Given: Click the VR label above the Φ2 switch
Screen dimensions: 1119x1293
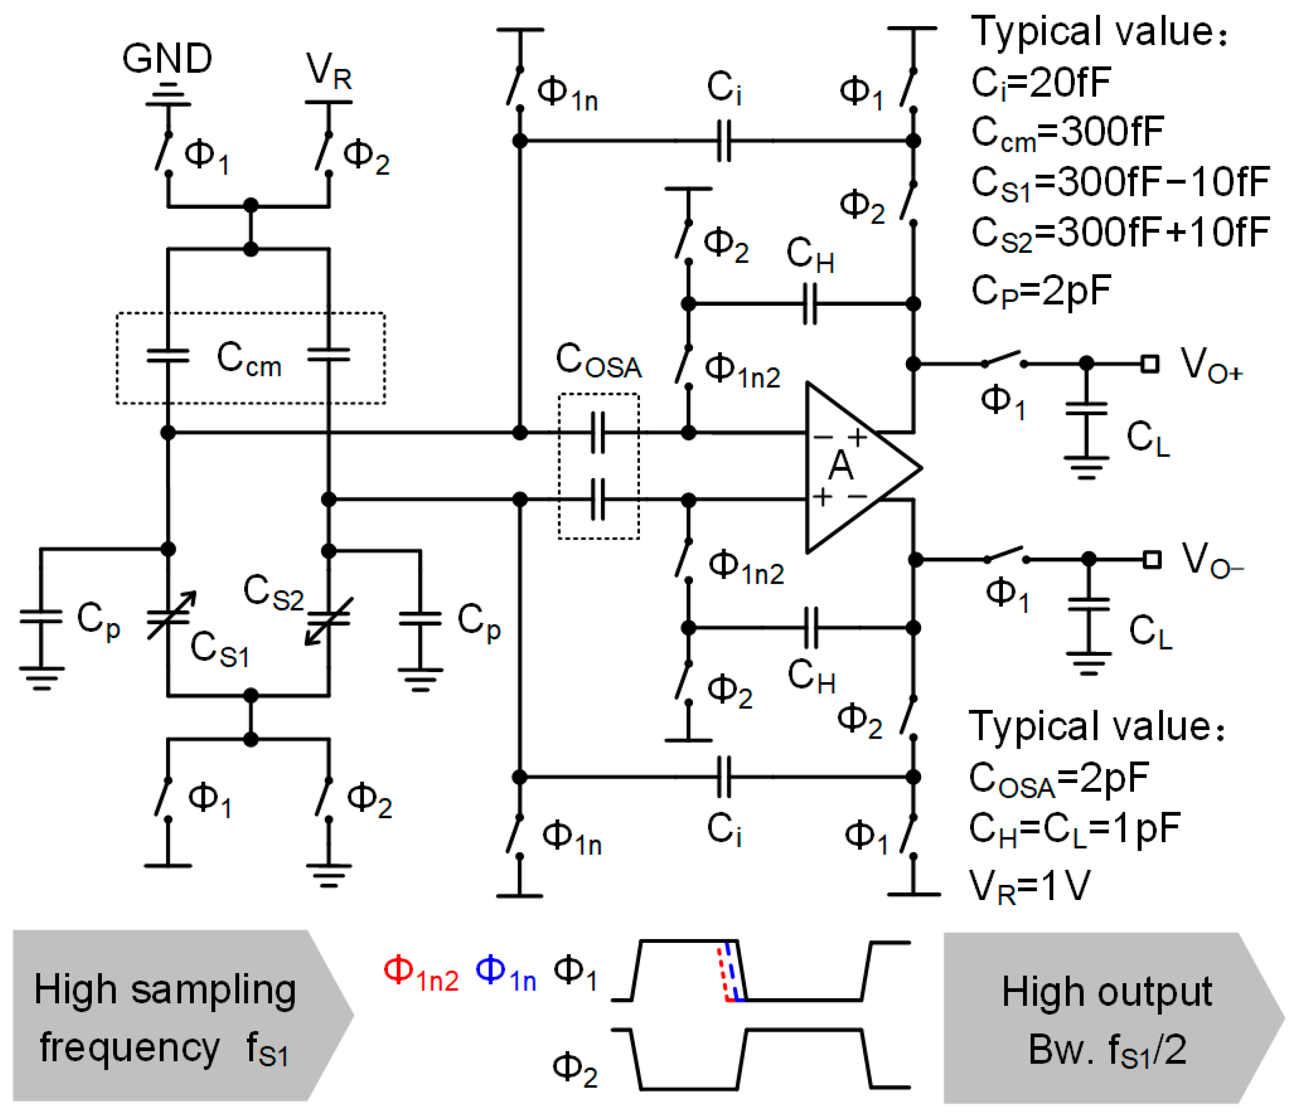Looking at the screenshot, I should point(329,71).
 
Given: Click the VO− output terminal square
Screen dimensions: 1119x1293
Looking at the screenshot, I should point(1151,559).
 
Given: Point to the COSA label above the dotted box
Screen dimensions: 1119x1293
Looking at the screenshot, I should point(599,362).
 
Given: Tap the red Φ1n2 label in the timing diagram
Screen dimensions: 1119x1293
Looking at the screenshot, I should point(421,974).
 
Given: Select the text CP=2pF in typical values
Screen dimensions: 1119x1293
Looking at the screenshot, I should point(1041,291).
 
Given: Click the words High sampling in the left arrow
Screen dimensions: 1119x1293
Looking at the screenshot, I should point(165,992).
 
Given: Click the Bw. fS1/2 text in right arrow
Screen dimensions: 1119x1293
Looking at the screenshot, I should point(1107,1050).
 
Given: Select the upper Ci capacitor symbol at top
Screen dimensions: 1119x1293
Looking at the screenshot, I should point(723,141).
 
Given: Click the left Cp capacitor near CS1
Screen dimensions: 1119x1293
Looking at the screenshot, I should point(41,617).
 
